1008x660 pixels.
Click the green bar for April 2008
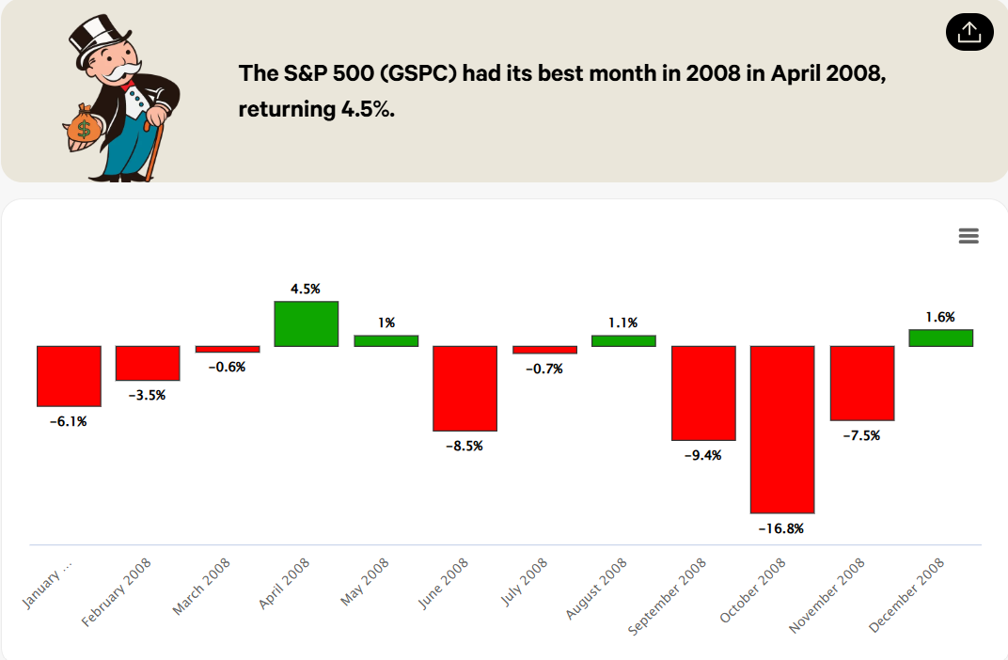pyautogui.click(x=307, y=323)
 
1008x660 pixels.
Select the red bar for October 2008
pyautogui.click(x=782, y=429)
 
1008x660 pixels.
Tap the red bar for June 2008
pyautogui.click(x=465, y=387)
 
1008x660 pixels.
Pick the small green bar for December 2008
pyautogui.click(x=941, y=338)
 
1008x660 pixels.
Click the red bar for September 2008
pyautogui.click(x=703, y=393)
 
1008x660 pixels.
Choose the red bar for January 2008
pyautogui.click(x=69, y=376)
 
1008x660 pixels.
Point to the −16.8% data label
pyautogui.click(x=781, y=528)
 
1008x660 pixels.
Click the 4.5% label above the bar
pyautogui.click(x=306, y=289)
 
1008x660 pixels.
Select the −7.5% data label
pyautogui.click(x=861, y=435)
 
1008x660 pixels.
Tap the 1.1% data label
pyautogui.click(x=623, y=322)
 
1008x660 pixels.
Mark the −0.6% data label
pyautogui.click(x=227, y=367)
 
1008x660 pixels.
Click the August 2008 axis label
pyautogui.click(x=597, y=588)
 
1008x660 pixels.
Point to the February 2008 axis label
pyautogui.click(x=118, y=592)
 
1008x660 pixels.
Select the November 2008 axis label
pyautogui.click(x=828, y=594)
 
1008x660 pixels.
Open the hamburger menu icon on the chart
pyautogui.click(x=969, y=236)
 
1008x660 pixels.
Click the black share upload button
pyautogui.click(x=969, y=33)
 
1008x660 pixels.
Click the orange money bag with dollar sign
pyautogui.click(x=84, y=126)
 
